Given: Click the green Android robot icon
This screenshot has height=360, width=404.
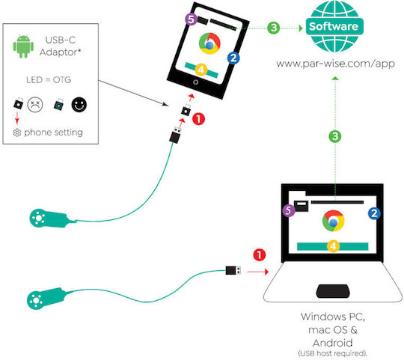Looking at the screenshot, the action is tap(23, 46).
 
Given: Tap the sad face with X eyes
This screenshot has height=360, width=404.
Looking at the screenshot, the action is tap(34, 104).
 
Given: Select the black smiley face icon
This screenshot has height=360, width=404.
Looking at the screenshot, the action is tap(79, 105).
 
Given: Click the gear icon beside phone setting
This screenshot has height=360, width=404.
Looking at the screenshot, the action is tap(17, 132).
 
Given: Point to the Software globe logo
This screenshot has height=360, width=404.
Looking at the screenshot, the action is tap(334, 26).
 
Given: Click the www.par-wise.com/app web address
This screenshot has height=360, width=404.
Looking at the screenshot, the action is tap(335, 64).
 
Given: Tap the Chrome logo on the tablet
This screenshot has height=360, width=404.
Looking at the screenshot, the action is tap(209, 43).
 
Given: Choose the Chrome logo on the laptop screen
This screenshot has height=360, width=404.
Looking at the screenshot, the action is tap(333, 221).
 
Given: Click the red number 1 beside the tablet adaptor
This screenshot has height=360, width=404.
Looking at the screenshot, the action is tap(198, 119).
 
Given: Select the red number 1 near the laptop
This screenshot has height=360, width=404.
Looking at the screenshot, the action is tap(259, 255).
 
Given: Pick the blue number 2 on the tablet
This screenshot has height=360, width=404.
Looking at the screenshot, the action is tap(233, 58).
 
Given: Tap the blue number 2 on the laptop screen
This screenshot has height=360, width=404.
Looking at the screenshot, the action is tap(374, 213).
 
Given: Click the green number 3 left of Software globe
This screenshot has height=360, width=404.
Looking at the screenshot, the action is tap(274, 28).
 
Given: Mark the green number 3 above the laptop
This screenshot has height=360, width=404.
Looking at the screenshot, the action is tap(335, 136).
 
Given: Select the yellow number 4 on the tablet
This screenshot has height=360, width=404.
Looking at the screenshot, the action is tap(201, 70).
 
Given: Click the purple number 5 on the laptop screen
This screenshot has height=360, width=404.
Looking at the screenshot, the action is tap(289, 210).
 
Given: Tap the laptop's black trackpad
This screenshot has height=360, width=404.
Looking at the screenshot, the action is tap(333, 291).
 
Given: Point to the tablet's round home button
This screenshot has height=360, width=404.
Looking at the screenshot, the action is tap(195, 82).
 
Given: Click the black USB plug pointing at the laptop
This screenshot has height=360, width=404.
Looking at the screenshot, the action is tap(233, 270).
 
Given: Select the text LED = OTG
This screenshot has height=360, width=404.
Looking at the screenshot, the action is tap(49, 80).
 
